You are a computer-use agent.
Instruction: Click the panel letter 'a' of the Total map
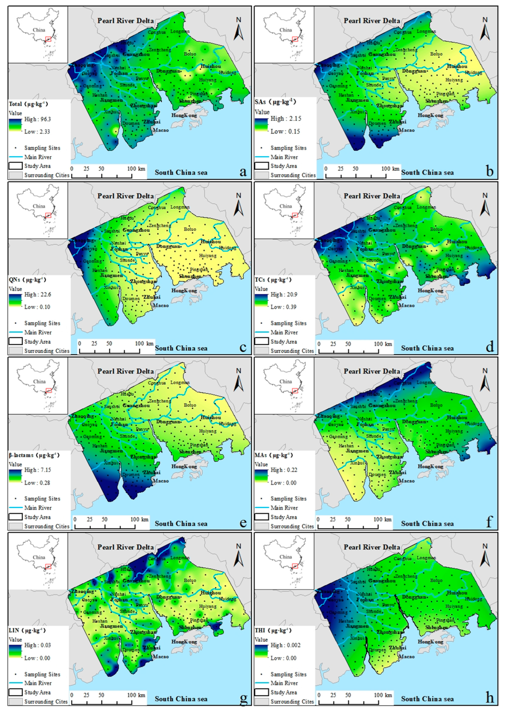[243, 171]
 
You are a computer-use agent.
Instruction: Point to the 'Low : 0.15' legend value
[285, 131]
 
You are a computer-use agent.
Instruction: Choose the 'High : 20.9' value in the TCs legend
[286, 294]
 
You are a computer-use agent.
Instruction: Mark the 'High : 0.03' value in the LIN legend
[37, 645]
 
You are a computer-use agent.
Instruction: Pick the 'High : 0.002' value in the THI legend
[286, 645]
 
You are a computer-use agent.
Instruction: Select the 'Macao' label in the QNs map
[161, 306]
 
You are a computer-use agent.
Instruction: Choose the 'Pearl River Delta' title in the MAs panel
[372, 371]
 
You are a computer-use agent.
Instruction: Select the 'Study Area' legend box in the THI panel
[261, 692]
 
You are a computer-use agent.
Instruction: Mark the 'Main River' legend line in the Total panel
[16, 157]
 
